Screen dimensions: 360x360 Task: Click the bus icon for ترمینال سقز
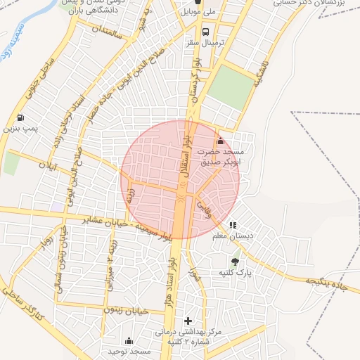[205, 32]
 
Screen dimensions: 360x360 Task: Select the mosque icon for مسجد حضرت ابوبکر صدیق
[221, 140]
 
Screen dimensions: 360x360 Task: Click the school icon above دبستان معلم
[233, 225]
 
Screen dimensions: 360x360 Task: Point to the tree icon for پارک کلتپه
[244, 261]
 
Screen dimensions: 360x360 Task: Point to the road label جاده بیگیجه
[328, 283]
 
